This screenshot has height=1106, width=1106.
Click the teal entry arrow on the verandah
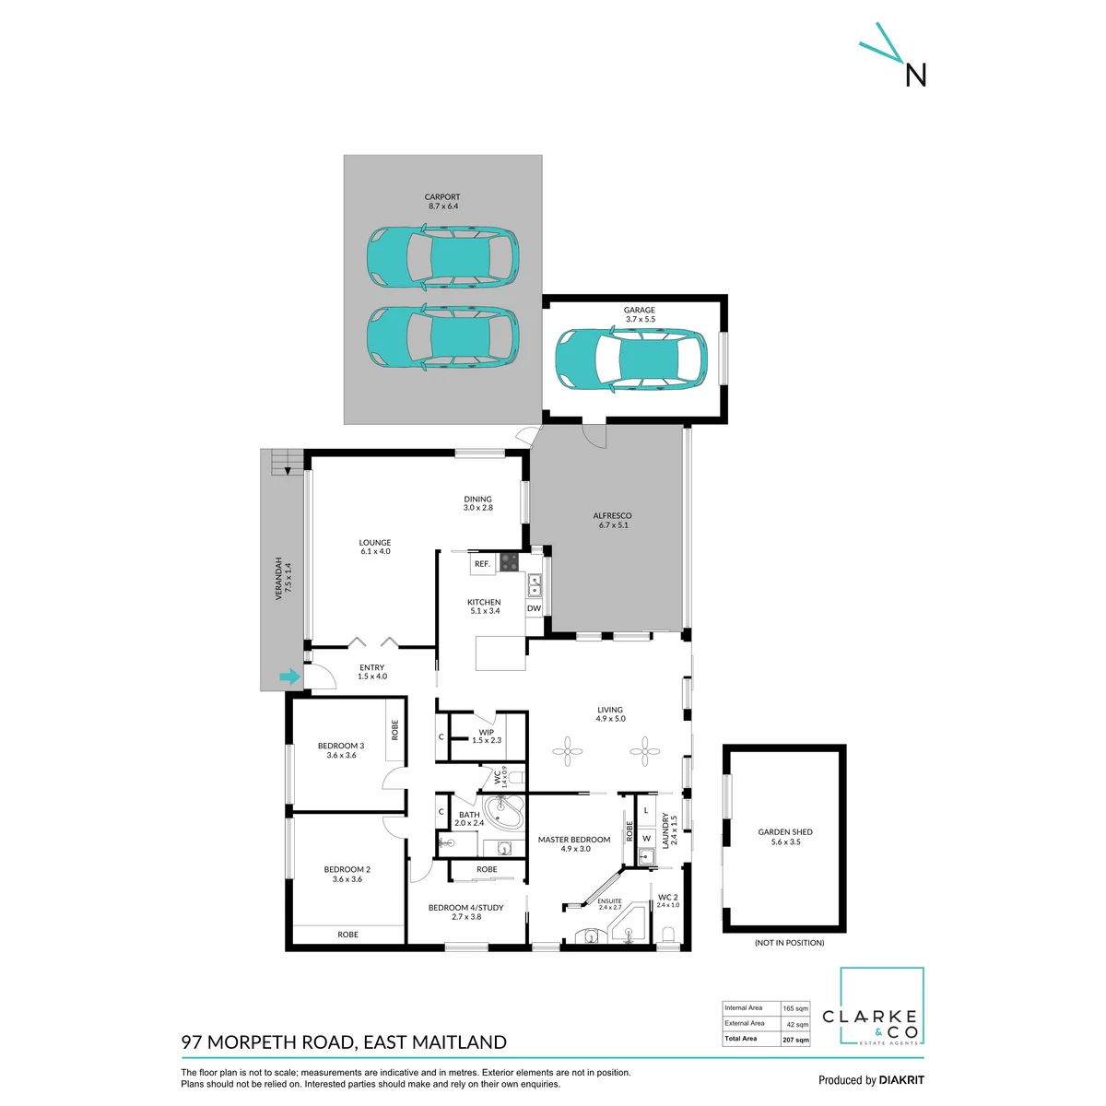[289, 677]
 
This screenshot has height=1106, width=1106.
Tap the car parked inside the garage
[631, 359]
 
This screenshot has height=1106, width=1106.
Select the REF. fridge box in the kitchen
[483, 564]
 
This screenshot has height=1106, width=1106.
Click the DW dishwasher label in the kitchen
[534, 607]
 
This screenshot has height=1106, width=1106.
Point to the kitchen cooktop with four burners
[509, 562]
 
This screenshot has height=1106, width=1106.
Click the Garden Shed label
[785, 837]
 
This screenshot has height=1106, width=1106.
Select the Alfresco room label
[612, 520]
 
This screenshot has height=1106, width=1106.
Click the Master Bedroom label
[574, 843]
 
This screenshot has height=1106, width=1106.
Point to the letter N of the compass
[916, 75]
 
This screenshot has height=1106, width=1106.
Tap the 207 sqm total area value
[795, 1040]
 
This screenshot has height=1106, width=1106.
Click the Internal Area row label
[743, 1008]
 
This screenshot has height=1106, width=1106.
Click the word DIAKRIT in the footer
[901, 1080]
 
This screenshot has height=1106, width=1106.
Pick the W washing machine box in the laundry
[646, 838]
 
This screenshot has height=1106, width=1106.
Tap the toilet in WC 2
[668, 935]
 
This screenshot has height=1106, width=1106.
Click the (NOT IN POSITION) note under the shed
[789, 943]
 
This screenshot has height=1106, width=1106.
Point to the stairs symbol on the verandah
[287, 463]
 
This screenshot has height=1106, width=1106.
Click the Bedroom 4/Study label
[466, 912]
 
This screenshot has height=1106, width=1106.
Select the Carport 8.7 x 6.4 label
[442, 202]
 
